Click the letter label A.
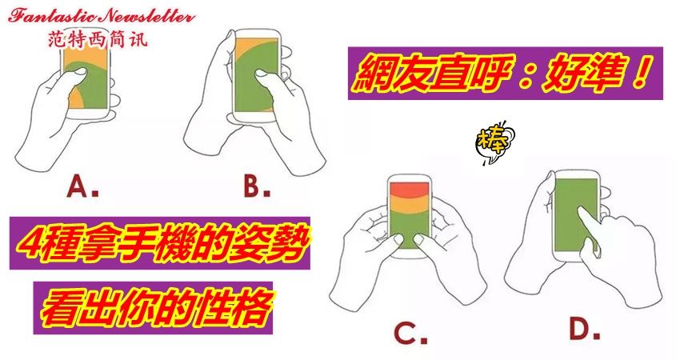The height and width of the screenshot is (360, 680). [82, 187]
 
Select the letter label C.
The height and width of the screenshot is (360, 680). [410, 333]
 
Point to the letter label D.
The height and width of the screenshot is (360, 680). [585, 330]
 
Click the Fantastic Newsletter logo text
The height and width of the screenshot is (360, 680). [101, 17]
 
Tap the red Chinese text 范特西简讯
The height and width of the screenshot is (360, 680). [98, 39]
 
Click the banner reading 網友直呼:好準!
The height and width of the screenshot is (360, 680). [506, 74]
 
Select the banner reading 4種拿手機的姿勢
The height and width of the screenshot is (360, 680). [160, 243]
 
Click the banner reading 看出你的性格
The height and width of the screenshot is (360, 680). [153, 308]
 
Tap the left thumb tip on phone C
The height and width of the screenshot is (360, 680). [398, 238]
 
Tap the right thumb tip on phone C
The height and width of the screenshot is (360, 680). [419, 238]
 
